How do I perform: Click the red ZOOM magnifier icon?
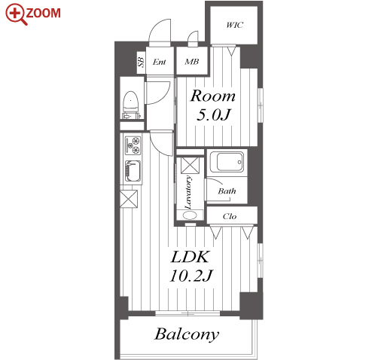15,14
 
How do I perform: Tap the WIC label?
234,25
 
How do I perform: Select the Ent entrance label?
160,62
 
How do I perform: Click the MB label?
192,62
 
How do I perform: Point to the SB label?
142,63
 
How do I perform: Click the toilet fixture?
131,105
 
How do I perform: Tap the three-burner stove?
133,145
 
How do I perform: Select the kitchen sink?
133,171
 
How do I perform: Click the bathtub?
227,162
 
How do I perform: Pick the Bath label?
227,191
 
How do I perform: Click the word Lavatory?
188,193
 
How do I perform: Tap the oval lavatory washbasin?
190,215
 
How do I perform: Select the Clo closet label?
230,216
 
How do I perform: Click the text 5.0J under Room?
213,115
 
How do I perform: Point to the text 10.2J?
191,276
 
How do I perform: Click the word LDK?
190,257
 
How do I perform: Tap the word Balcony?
187,334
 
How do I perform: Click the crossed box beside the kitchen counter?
129,199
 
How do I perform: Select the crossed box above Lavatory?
190,166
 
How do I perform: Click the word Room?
213,96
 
